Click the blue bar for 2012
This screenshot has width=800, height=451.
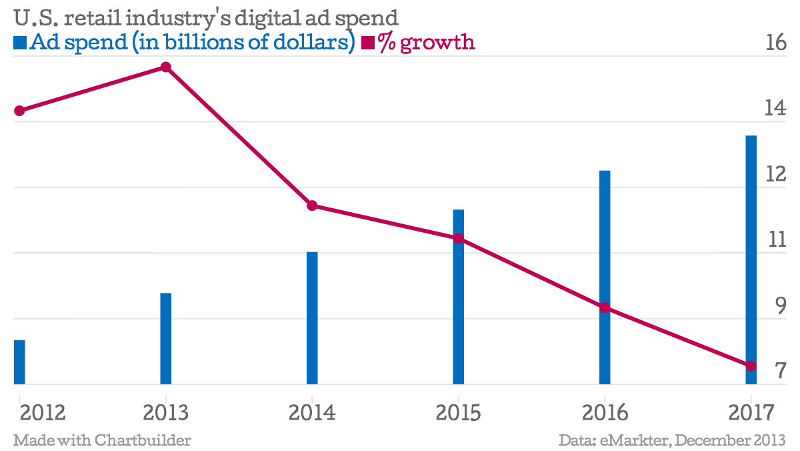point(19,362)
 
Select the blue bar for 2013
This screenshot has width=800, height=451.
point(166,339)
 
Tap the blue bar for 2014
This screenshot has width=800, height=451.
point(312,318)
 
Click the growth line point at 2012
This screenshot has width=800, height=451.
point(19,111)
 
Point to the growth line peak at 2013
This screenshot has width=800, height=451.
point(166,67)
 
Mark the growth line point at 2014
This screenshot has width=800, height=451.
point(312,205)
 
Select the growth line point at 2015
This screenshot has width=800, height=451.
point(459,238)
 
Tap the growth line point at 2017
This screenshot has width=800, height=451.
point(751,366)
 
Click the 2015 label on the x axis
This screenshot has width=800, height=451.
point(459,413)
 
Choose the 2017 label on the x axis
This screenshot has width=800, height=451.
point(752,413)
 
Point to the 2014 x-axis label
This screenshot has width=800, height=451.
point(312,413)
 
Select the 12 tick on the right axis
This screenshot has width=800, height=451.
point(775,174)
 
